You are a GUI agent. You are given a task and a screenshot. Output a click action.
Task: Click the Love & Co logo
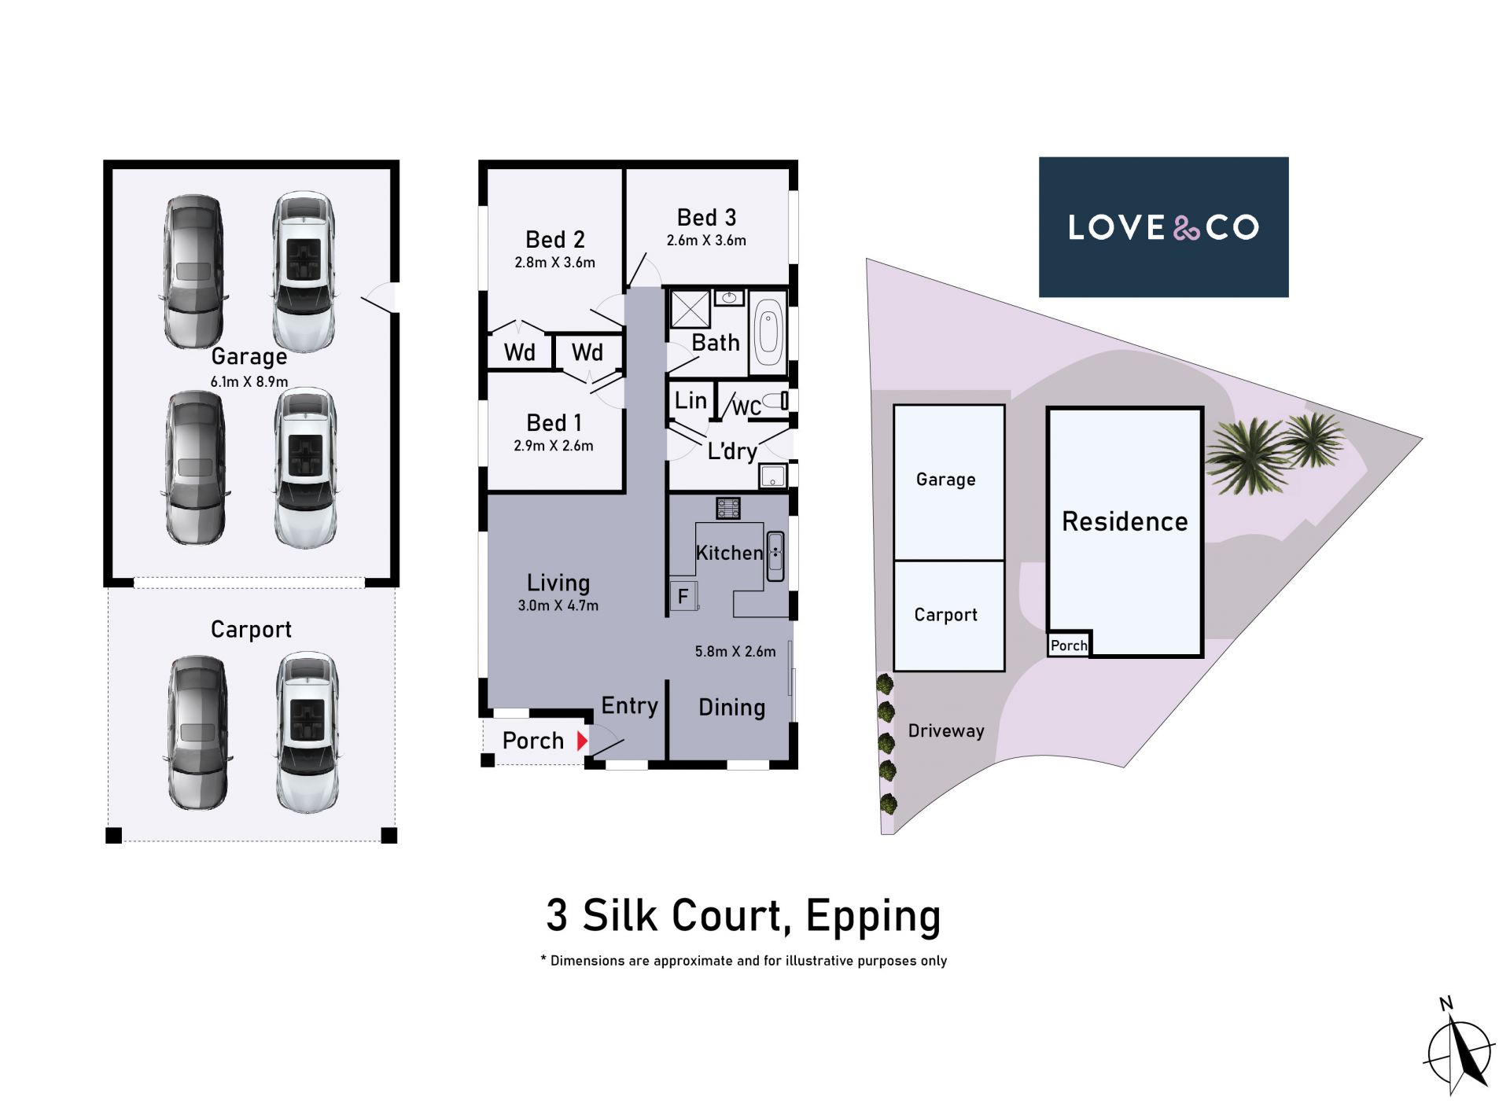click(1163, 227)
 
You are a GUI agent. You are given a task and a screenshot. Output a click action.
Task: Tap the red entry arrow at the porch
click(582, 741)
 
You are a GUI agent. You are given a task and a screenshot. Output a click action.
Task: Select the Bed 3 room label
click(706, 217)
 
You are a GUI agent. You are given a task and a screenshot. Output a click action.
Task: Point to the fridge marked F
click(683, 596)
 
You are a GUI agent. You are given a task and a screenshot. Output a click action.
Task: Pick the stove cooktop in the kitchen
click(727, 508)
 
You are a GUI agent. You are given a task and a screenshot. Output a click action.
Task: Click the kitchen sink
click(775, 556)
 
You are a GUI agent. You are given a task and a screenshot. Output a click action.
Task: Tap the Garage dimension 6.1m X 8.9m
click(249, 381)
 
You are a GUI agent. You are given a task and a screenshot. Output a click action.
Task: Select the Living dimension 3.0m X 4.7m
click(558, 605)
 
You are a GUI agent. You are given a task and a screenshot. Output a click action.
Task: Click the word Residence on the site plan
click(1125, 521)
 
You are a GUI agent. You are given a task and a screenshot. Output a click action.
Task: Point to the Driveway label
click(946, 730)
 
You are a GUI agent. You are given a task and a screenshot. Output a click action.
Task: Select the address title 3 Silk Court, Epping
click(743, 916)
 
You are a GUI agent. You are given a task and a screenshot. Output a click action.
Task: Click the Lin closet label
click(691, 400)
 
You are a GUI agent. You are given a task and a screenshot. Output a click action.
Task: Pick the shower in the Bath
click(690, 308)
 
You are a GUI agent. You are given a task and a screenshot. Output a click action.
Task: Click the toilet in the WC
click(776, 401)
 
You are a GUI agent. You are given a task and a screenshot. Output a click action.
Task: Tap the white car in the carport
click(308, 732)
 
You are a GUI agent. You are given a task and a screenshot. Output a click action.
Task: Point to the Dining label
click(731, 708)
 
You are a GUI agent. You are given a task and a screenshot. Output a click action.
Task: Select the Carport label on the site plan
click(945, 614)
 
